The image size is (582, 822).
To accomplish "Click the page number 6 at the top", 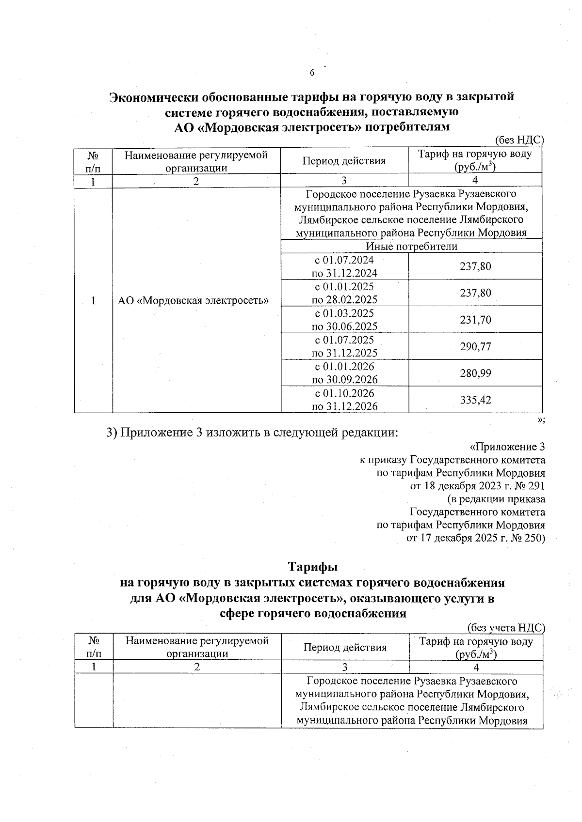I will (x=312, y=73).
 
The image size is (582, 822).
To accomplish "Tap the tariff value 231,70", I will (x=475, y=320).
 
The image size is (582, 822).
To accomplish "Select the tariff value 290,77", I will (x=475, y=346).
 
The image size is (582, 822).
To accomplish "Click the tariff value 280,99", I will (x=475, y=373).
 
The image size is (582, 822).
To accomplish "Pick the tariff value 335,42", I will (x=475, y=400).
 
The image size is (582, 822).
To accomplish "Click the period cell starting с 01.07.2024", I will (x=344, y=266).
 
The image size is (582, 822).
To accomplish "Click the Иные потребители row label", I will (x=411, y=247).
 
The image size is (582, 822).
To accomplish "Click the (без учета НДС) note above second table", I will (x=506, y=628).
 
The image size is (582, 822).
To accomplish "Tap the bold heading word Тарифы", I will (x=313, y=566).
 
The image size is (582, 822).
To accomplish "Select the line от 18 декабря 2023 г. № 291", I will (x=477, y=486).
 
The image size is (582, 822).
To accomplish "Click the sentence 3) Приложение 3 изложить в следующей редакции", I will (x=252, y=433).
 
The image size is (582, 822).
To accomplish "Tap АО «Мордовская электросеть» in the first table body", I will (x=194, y=300).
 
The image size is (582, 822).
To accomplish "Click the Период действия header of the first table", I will (x=344, y=161).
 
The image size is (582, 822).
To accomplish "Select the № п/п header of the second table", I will (x=94, y=647).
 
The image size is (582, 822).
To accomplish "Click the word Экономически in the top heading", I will (x=155, y=97).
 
